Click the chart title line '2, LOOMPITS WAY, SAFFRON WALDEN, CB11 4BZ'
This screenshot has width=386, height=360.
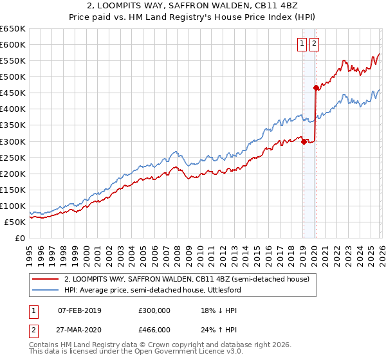click(x=193, y=6)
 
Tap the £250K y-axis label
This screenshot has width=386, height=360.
click(x=12, y=157)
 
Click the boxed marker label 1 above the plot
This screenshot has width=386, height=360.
click(x=302, y=44)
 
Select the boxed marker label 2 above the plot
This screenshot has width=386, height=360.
click(x=314, y=44)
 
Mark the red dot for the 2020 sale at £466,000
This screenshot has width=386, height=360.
click(x=316, y=87)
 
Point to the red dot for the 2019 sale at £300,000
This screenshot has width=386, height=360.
click(x=303, y=141)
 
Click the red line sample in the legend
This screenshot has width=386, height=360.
click(x=46, y=279)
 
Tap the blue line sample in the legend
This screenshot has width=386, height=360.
click(x=46, y=290)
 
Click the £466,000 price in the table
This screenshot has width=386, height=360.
click(x=154, y=330)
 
